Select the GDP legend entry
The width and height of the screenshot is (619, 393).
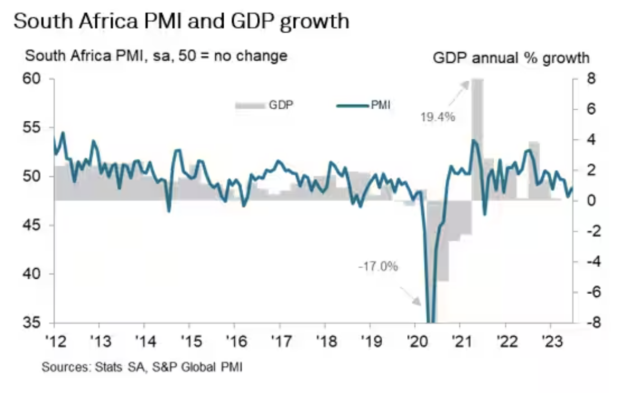point(264,105)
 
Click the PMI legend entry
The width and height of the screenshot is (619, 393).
point(363,105)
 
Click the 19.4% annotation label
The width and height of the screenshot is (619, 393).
point(437,117)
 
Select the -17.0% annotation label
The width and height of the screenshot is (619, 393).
point(378,267)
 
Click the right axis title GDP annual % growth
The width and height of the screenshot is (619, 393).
point(511,58)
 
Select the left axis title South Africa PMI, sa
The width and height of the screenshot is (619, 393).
point(156,55)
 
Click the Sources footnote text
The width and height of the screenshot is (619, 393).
point(142,367)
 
